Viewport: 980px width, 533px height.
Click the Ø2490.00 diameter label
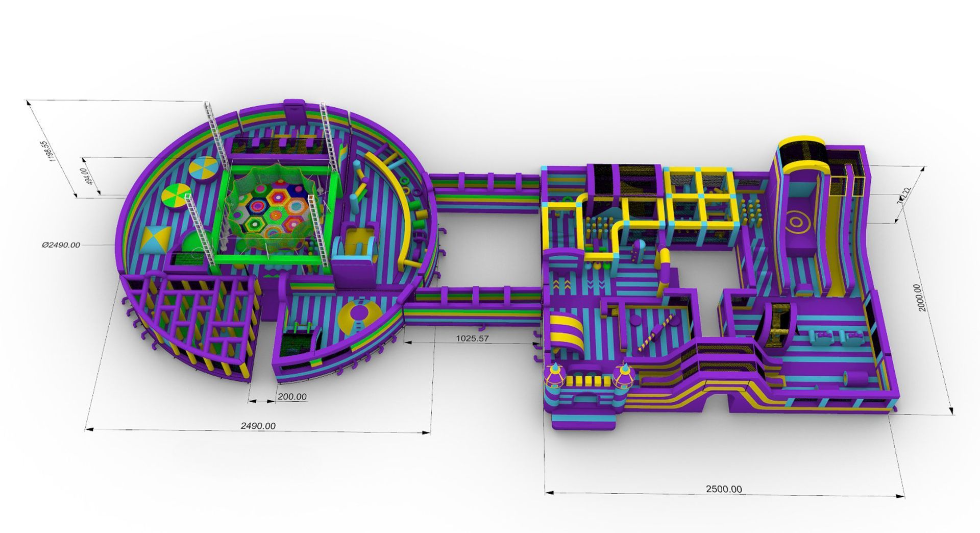pyautogui.click(x=61, y=245)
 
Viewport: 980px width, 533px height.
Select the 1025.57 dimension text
pyautogui.click(x=472, y=338)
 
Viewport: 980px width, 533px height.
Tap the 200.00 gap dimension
pyautogui.click(x=292, y=397)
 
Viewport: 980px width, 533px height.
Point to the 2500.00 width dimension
pyautogui.click(x=724, y=489)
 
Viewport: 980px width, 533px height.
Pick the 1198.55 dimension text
pyautogui.click(x=50, y=151)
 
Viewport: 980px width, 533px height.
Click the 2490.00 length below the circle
pyautogui.click(x=258, y=426)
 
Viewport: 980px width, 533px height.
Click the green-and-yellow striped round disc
pyautogui.click(x=177, y=197)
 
